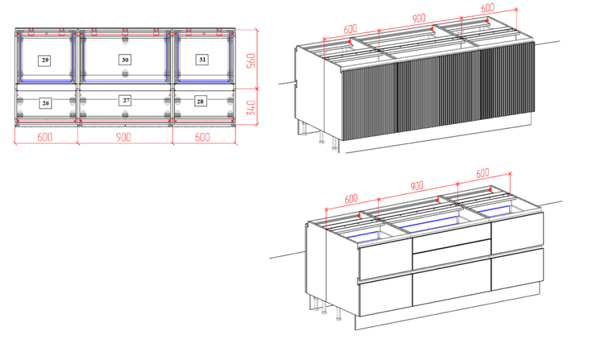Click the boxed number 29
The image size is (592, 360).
pyautogui.click(x=45, y=61)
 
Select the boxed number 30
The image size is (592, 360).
pyautogui.click(x=125, y=60)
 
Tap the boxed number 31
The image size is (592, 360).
pyautogui.click(x=202, y=59)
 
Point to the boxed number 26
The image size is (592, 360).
pyautogui.click(x=45, y=103)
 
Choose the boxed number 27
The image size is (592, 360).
pyautogui.click(x=126, y=100)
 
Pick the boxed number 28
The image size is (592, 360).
pyautogui.click(x=200, y=101)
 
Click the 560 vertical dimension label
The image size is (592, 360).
pyautogui.click(x=251, y=61)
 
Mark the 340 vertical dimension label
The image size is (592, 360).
pyautogui.click(x=251, y=108)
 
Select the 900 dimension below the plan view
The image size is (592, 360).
pyautogui.click(x=124, y=137)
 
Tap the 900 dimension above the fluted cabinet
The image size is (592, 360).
pyautogui.click(x=419, y=18)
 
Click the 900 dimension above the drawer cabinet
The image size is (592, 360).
pyautogui.click(x=417, y=186)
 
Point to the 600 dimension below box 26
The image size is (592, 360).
pyautogui.click(x=45, y=137)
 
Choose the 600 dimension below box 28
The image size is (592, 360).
pyautogui.click(x=203, y=137)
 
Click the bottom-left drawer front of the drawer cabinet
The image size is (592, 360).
pyautogui.click(x=385, y=296)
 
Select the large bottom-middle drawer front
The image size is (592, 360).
pyautogui.click(x=452, y=282)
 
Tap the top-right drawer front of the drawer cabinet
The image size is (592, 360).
pyautogui.click(x=517, y=233)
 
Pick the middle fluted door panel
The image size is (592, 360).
pyautogui.click(x=439, y=91)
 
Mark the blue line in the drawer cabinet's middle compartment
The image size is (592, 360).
pyautogui.click(x=430, y=223)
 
